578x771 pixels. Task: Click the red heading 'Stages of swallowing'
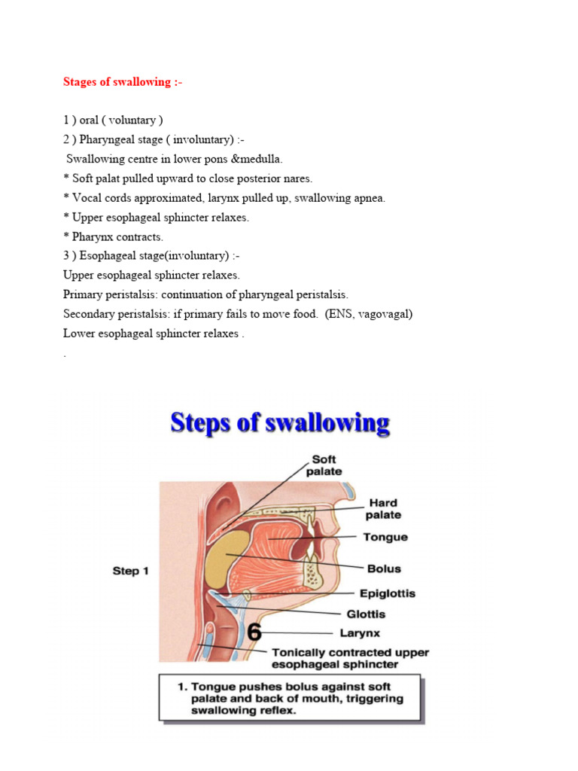tap(122, 82)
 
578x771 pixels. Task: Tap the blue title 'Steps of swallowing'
tap(280, 422)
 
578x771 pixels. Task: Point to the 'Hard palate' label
tap(383, 509)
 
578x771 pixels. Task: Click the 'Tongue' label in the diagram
tap(385, 537)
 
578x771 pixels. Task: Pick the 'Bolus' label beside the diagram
tap(383, 568)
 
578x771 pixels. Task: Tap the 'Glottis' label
tap(366, 614)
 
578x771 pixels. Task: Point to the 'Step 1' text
tap(131, 571)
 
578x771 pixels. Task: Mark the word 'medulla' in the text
tap(260, 159)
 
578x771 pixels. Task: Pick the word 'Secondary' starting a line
tap(90, 315)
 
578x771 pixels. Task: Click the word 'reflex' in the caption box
tap(278, 710)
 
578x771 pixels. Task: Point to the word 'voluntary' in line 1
tap(124, 120)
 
